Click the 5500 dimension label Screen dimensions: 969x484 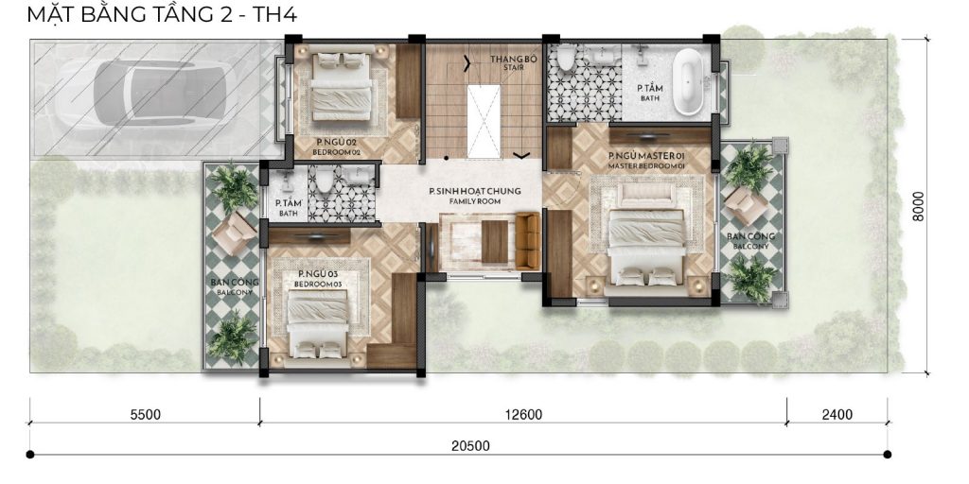click(x=146, y=414)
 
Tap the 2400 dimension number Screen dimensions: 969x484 click(x=837, y=414)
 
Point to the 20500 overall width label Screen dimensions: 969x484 click(x=470, y=446)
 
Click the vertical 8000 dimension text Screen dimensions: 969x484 click(x=919, y=206)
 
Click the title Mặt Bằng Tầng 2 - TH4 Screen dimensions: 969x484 click(x=162, y=13)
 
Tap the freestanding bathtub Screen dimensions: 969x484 click(x=688, y=83)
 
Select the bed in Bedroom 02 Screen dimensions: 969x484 click(x=341, y=85)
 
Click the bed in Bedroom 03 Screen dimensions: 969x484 click(x=317, y=323)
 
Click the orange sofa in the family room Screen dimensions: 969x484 click(x=528, y=241)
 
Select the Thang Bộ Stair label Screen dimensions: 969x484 click(x=507, y=62)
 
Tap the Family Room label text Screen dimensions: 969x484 click(x=475, y=196)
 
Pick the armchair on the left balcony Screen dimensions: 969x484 click(x=233, y=233)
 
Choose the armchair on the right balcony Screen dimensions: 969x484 click(x=746, y=204)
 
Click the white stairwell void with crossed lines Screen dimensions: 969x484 click(x=484, y=121)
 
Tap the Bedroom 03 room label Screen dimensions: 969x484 click(x=318, y=279)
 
